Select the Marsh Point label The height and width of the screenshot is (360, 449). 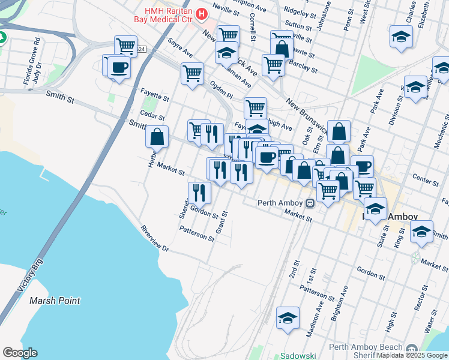(x=55, y=301)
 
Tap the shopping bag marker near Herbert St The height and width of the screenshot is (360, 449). (x=157, y=137)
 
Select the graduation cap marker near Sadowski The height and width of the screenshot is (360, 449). (x=288, y=318)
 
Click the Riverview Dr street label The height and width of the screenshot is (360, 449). (x=155, y=238)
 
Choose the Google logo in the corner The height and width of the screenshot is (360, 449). (x=20, y=353)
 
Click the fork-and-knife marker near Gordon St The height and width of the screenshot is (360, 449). (x=199, y=193)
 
